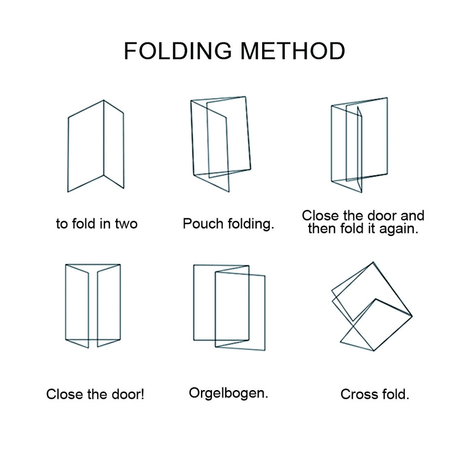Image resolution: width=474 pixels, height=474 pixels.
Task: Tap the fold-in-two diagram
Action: pos(96,146)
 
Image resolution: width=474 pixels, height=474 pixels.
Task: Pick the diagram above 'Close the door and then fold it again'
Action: pos(359,144)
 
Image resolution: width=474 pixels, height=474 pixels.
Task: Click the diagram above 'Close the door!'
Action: pos(93,305)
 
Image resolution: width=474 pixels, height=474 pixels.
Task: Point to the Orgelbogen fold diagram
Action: pos(229,307)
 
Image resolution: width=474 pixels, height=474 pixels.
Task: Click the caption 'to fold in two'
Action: pos(97,224)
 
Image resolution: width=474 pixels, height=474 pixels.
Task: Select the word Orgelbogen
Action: pos(228,394)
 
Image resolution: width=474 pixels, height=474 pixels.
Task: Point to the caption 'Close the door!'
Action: pos(95,395)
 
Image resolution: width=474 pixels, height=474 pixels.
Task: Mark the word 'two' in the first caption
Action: pos(126,224)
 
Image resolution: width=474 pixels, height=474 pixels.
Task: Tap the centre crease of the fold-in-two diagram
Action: pos(104,138)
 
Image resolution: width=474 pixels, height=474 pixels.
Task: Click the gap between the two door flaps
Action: pos(93,306)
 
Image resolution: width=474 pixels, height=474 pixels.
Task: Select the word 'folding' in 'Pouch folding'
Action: pos(250,224)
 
